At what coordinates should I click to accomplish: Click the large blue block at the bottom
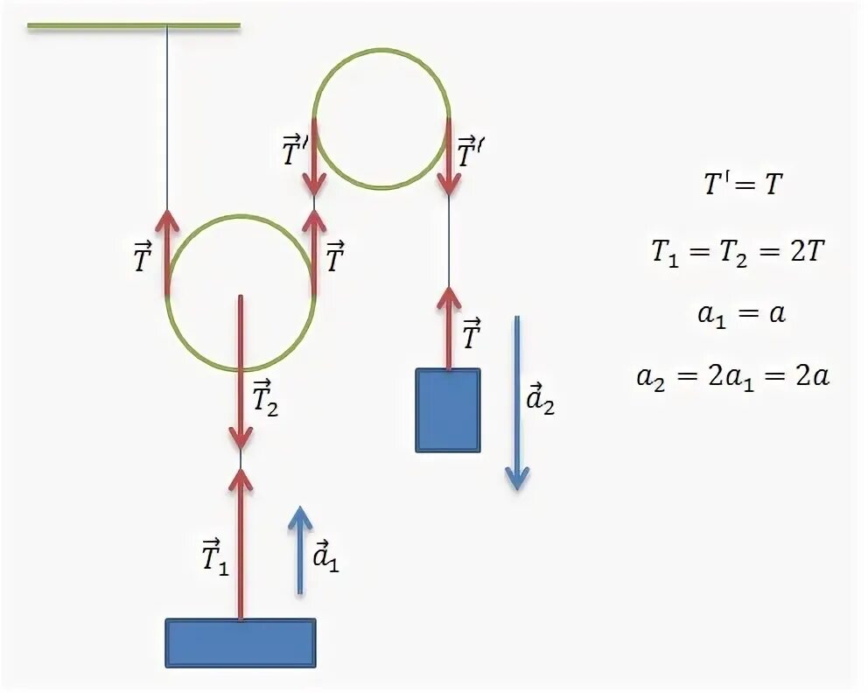pos(241,643)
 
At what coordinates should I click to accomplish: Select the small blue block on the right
pos(448,409)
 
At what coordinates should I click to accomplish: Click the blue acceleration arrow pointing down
pos(517,402)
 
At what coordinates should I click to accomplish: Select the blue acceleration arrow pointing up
pos(300,550)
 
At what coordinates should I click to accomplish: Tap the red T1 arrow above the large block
pos(241,542)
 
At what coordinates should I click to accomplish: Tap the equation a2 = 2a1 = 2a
pos(733,377)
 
